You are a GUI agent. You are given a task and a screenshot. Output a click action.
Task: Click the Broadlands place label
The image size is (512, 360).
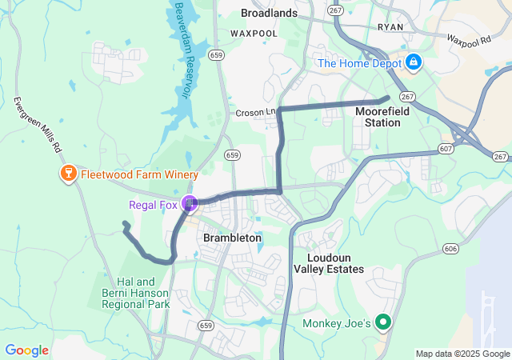point(269,13)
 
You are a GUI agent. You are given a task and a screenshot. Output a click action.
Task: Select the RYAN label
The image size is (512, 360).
point(390,26)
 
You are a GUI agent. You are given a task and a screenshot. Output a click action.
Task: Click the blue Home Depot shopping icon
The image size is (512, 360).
point(414,62)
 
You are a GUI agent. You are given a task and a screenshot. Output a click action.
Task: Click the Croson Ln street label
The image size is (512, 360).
point(255,113)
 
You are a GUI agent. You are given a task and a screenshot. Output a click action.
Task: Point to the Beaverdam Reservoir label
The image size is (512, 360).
point(178,48)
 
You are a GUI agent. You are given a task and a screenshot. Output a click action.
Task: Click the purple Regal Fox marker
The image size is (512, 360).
point(190,204)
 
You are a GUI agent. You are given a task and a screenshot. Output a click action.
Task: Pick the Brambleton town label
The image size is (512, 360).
point(232,238)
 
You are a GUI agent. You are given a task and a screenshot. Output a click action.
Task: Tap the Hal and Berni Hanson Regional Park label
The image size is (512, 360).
point(143,293)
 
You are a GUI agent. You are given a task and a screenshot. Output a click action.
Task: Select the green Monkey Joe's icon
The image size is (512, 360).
point(382,323)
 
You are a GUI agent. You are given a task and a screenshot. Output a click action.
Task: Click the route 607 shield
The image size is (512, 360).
point(446,149)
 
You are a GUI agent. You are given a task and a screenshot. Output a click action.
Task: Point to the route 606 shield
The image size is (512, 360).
point(451,250)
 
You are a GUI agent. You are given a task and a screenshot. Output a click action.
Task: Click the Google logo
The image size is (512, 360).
point(26,350)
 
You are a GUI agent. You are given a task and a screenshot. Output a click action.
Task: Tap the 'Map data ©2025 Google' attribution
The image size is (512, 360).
point(462,354)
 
